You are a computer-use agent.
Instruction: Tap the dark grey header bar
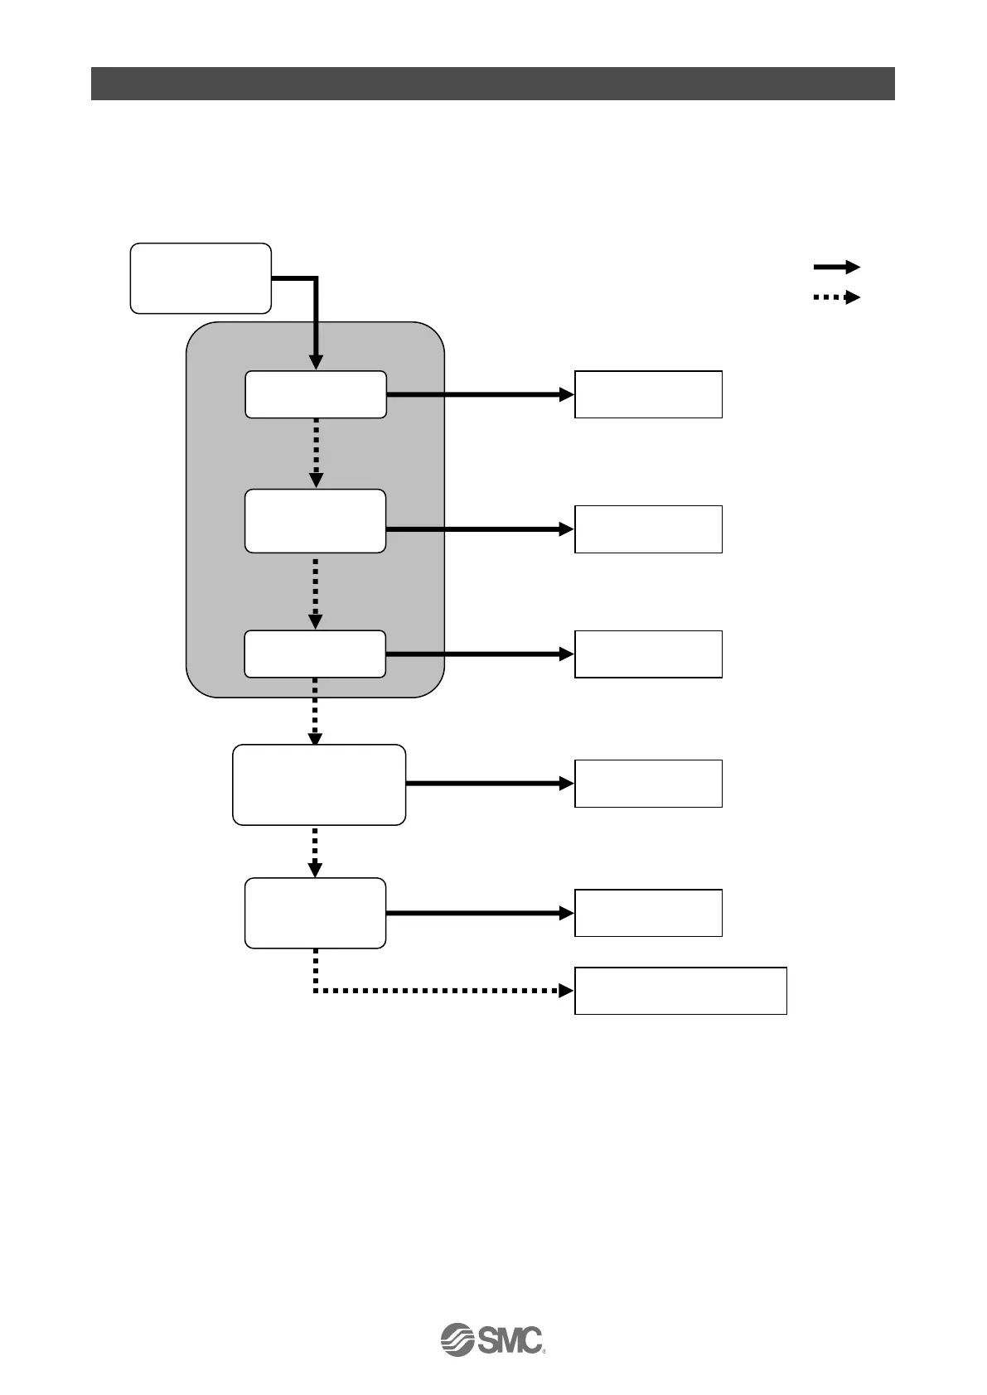[492, 84]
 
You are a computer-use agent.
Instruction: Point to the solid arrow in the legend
[836, 267]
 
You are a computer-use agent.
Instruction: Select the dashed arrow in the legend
[836, 297]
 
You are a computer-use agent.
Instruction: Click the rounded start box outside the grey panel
[201, 278]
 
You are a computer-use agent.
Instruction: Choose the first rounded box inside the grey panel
[316, 394]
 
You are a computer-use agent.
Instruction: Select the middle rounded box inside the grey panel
[316, 521]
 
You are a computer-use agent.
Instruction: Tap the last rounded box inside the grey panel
[316, 654]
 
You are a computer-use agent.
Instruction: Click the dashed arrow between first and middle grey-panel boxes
[316, 453]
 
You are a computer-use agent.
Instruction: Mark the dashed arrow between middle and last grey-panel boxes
[316, 591]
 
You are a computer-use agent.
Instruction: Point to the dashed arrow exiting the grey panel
[316, 711]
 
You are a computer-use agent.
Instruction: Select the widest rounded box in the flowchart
[319, 784]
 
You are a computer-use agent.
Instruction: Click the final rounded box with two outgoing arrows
[316, 913]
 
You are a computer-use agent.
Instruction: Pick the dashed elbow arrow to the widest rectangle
[439, 990]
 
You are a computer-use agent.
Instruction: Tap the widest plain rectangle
[680, 990]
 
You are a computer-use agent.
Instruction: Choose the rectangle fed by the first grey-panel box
[648, 394]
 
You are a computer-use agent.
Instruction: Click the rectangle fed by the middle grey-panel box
[648, 529]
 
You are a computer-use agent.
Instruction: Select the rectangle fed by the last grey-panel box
[648, 654]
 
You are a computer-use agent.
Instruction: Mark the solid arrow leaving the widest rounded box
[489, 783]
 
